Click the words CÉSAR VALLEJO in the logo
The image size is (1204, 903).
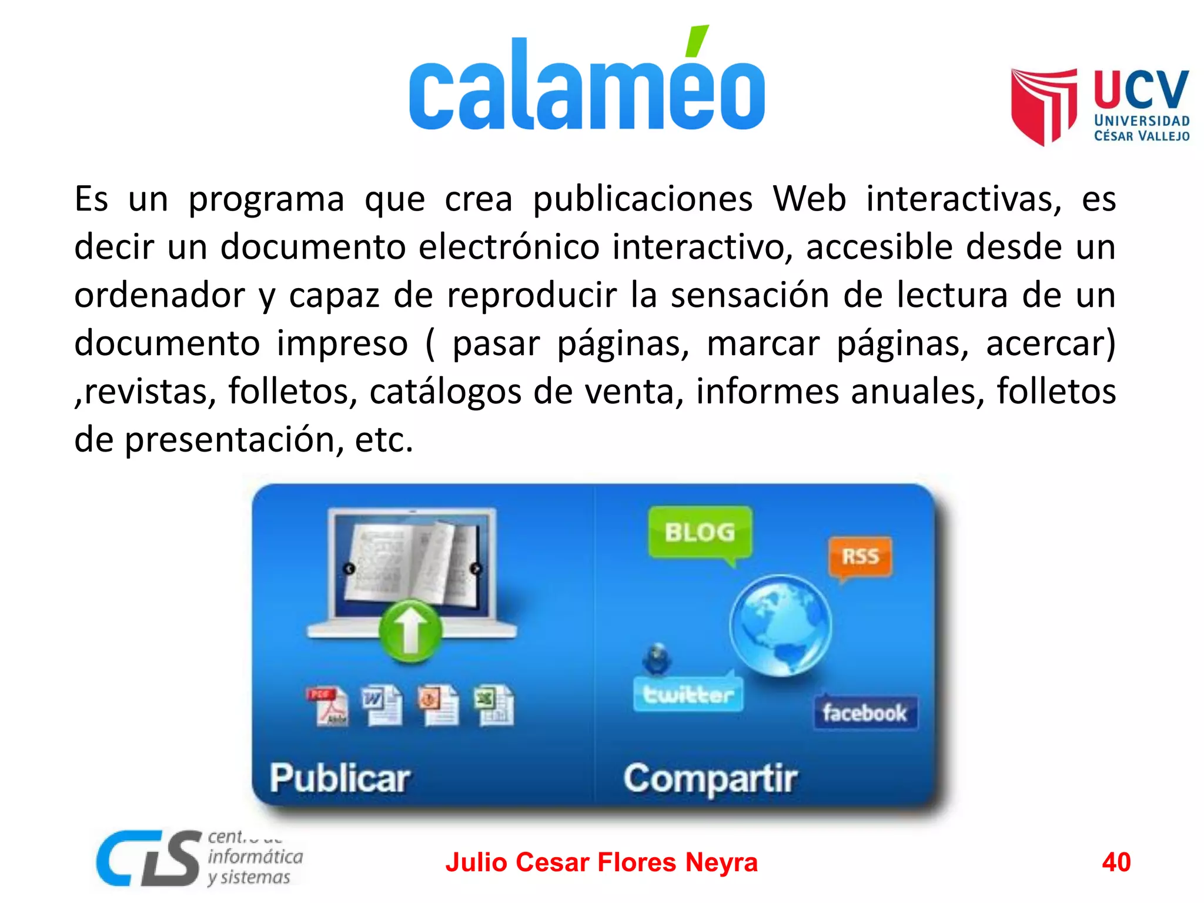coord(1141,136)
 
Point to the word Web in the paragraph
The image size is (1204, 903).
coord(808,199)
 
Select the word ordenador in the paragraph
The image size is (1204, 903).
coord(159,295)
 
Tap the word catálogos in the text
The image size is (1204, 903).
coord(445,392)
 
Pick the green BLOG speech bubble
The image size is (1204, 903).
coord(700,533)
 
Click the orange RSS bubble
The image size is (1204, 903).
coord(860,556)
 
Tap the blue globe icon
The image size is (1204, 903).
coord(781,626)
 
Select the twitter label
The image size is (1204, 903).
coord(688,695)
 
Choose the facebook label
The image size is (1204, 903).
coord(864,713)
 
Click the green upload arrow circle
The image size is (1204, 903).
coord(410,631)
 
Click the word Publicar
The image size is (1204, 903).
coord(340,778)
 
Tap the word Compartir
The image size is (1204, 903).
coord(710,778)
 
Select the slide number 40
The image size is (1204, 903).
coord(1116,862)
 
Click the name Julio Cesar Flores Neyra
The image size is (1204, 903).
coord(601,862)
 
